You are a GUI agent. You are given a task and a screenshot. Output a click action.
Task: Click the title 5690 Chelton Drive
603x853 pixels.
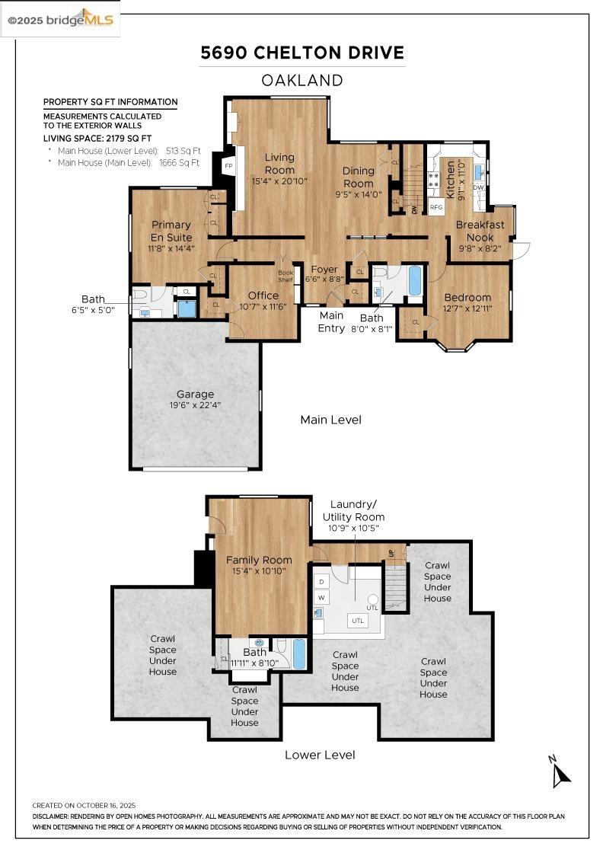[302, 53]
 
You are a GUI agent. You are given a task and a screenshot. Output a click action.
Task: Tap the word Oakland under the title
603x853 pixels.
[302, 81]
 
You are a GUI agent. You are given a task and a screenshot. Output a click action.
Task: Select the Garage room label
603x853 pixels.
[195, 394]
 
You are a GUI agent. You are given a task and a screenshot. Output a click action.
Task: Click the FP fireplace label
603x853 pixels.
[229, 166]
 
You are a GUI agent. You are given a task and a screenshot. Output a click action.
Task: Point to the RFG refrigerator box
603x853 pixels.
[436, 206]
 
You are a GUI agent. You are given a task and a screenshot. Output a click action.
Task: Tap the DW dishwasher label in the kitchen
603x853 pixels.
[478, 187]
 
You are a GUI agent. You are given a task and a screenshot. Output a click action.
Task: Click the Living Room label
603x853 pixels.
[279, 163]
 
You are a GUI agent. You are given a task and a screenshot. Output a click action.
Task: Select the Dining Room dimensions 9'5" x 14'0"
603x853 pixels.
[359, 194]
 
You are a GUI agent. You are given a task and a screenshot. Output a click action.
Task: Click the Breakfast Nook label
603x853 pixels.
[480, 231]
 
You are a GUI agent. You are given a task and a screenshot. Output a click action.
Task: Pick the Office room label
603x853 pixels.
[263, 296]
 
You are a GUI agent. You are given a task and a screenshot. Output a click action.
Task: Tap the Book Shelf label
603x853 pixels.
[286, 276]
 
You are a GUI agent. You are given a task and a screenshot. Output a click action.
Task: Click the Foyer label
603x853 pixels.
[324, 270]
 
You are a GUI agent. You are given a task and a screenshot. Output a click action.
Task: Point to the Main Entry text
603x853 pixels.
[332, 321]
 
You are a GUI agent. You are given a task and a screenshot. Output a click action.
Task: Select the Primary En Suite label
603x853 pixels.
[171, 231]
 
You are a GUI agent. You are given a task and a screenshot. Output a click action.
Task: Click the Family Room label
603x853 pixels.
[259, 560]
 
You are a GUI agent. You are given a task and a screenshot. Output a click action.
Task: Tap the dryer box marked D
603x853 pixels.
[321, 582]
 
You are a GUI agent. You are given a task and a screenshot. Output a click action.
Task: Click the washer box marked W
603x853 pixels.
[321, 597]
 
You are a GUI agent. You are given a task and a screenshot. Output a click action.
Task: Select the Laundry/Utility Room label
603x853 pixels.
[353, 511]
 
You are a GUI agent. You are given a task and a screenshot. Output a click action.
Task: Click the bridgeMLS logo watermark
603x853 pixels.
[60, 21]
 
